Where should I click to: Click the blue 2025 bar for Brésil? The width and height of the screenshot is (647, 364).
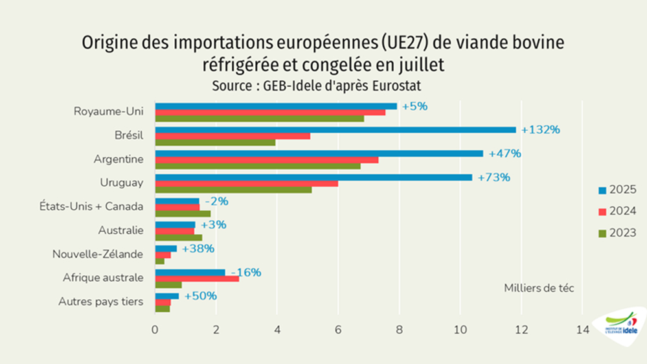tap(335, 130)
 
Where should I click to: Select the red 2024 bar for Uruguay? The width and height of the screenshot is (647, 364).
tap(246, 183)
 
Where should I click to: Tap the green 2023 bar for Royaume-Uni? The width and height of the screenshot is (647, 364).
tap(259, 119)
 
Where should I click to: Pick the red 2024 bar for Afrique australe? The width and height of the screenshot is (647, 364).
tap(197, 279)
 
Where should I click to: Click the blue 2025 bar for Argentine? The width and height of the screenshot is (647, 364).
tap(319, 154)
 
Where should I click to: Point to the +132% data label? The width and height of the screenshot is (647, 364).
tap(540, 130)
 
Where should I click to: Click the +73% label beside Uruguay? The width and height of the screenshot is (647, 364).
tap(494, 177)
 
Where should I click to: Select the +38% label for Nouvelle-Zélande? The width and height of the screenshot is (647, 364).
tap(198, 249)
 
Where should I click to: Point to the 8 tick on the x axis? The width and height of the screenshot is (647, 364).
tap(400, 330)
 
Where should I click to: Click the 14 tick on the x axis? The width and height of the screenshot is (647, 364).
tap(582, 330)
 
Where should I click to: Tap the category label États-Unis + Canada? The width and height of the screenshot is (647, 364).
tap(91, 207)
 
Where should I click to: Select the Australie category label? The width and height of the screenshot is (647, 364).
tap(120, 230)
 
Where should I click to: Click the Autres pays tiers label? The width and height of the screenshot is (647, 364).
tap(100, 301)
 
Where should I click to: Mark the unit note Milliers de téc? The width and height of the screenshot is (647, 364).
tap(539, 288)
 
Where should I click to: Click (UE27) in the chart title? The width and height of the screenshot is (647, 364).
tap(398, 43)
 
